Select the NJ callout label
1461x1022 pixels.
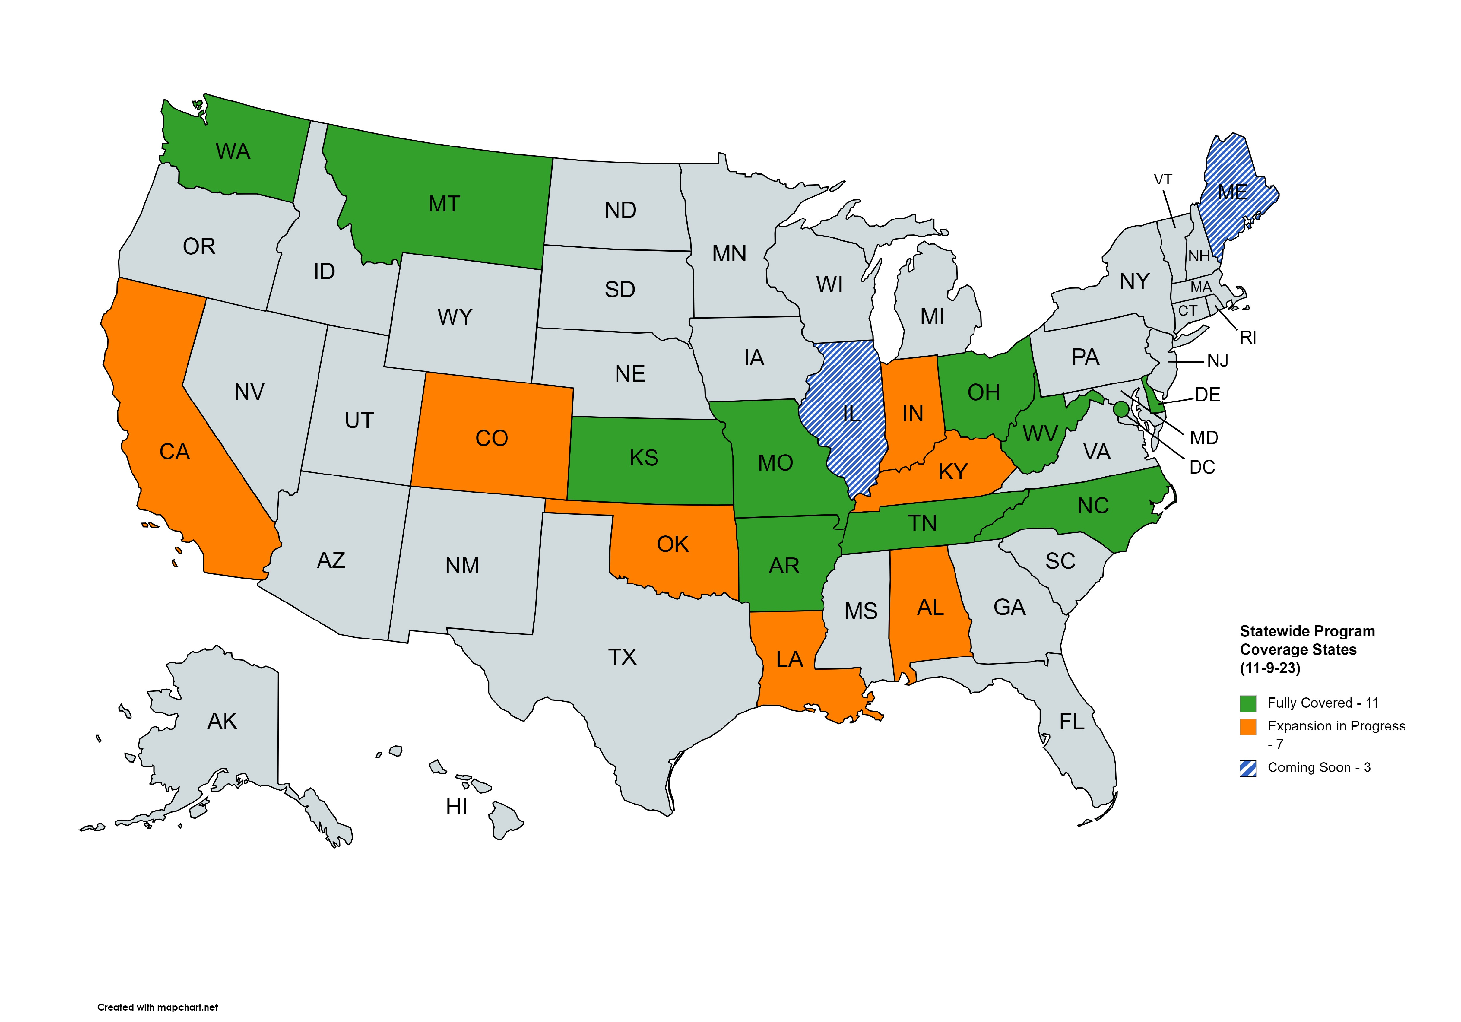1217,361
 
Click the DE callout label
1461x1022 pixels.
1207,395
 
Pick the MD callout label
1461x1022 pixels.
1203,438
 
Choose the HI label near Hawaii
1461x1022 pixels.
456,806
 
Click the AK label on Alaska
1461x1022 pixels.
222,721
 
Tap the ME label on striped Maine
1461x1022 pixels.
1232,192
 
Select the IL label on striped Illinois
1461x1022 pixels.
851,415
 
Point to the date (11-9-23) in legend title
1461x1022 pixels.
1270,668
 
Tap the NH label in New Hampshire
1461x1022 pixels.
1199,256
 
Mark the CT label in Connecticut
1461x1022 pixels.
1187,311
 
